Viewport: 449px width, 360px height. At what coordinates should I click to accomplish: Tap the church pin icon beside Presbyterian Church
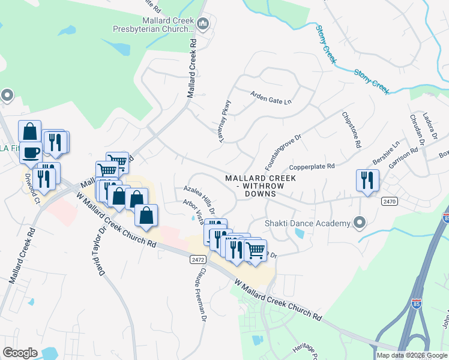202,24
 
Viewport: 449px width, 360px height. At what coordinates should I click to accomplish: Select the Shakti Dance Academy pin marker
360,223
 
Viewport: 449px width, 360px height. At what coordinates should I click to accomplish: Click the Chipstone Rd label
351,130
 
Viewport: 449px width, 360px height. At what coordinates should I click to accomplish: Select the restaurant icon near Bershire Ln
367,180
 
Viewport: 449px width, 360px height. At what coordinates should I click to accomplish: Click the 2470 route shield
389,202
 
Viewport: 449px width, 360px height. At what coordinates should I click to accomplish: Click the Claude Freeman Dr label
200,293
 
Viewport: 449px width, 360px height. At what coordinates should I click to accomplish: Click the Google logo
20,353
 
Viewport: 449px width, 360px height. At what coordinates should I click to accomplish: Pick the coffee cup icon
31,152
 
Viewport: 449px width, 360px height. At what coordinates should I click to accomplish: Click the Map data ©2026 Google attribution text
412,355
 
